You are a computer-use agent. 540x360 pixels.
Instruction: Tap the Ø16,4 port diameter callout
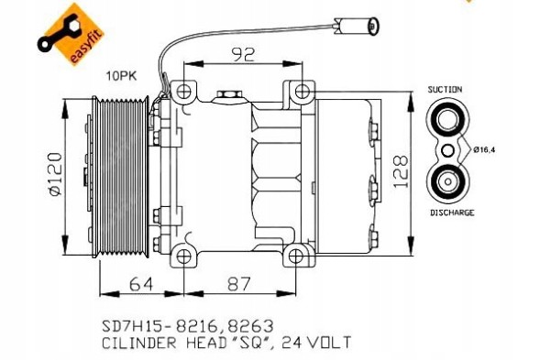click(x=485, y=148)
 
